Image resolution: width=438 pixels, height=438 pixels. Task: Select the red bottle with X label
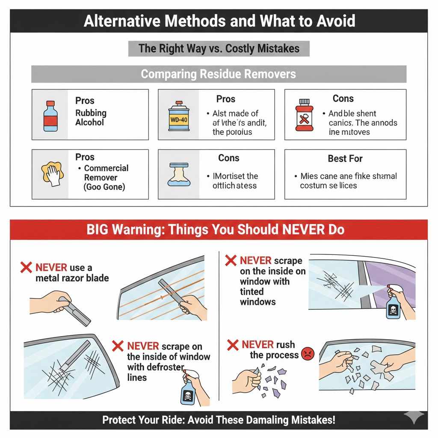tap(303, 115)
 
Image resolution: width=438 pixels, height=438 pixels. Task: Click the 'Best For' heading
tap(345, 159)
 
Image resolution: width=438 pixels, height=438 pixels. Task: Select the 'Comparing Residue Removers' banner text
tap(218, 74)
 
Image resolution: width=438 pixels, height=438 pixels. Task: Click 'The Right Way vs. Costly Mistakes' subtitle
tap(219, 48)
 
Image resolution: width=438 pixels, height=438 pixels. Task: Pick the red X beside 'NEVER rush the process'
tap(233, 345)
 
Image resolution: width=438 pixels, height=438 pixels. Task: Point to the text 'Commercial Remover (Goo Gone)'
tap(106, 178)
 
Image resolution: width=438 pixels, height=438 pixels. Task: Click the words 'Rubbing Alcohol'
tap(91, 118)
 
